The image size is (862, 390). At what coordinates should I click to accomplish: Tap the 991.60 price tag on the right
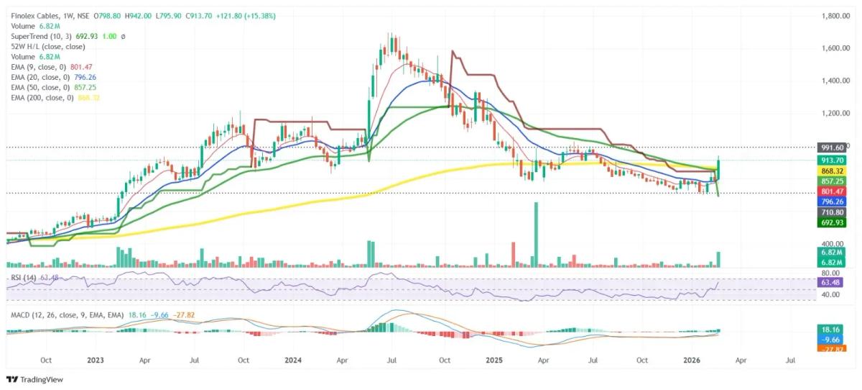tap(835, 146)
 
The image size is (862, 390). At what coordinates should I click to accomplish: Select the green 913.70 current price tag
tap(835, 160)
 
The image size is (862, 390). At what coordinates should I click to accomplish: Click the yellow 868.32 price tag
tap(835, 171)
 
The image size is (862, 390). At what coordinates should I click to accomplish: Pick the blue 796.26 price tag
tap(835, 202)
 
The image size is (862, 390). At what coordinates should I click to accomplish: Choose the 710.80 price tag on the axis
tap(835, 213)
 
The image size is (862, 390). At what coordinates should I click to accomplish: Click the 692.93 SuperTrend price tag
tap(835, 223)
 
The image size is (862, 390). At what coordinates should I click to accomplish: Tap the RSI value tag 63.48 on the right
tap(835, 284)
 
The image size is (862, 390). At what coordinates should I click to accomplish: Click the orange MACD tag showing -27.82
tap(835, 348)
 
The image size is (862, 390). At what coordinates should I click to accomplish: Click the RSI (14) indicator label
tap(23, 276)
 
